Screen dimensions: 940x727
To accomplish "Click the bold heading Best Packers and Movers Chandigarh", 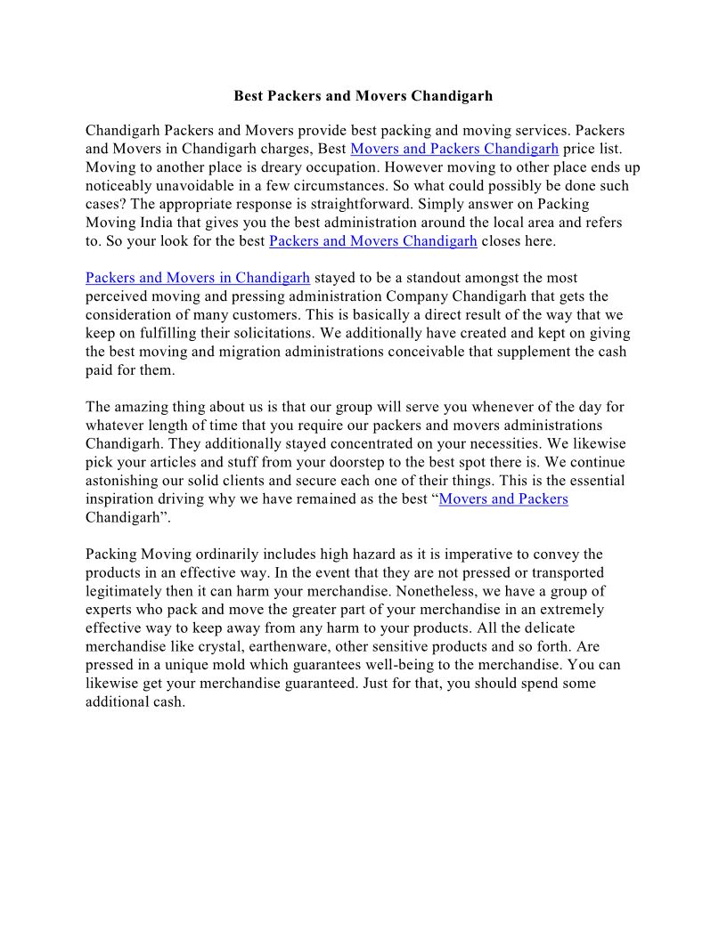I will (363, 95).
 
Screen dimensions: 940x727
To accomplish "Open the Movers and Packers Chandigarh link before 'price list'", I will (454, 149).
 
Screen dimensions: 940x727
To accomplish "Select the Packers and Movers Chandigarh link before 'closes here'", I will (372, 241).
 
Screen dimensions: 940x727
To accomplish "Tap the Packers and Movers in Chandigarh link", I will (198, 278).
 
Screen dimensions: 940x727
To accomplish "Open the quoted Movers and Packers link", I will (503, 498).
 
